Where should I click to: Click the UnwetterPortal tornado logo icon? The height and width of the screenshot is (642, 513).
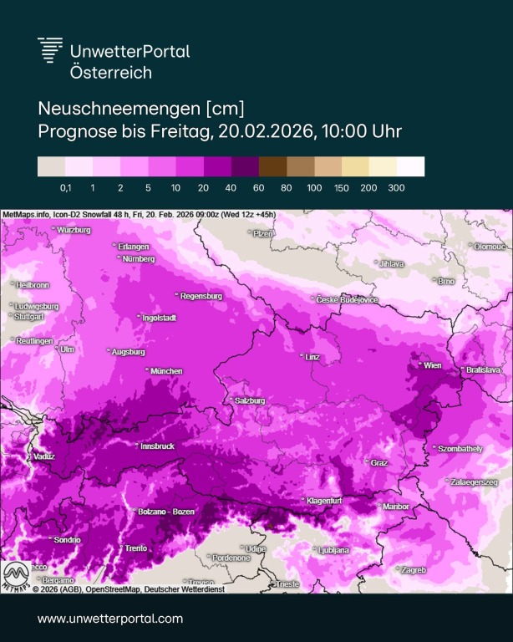(51, 49)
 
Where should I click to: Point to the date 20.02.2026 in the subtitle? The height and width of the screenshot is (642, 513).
(267, 131)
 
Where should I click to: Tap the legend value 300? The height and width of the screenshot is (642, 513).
(396, 188)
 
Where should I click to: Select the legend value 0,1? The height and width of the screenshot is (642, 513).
(66, 188)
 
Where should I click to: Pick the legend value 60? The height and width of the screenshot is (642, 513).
(259, 188)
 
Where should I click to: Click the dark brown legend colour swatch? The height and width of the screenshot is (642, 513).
(272, 166)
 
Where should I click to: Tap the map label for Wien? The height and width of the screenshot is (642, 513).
(432, 365)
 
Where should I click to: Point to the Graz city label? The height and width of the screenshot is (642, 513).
(378, 462)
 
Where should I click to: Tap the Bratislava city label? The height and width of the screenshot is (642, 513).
(483, 369)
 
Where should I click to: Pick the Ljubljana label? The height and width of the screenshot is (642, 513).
(333, 550)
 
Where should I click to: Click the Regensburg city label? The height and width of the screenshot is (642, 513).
(201, 296)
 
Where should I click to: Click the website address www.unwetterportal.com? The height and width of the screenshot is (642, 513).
(109, 619)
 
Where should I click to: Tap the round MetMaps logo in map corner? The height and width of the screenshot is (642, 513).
(16, 576)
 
